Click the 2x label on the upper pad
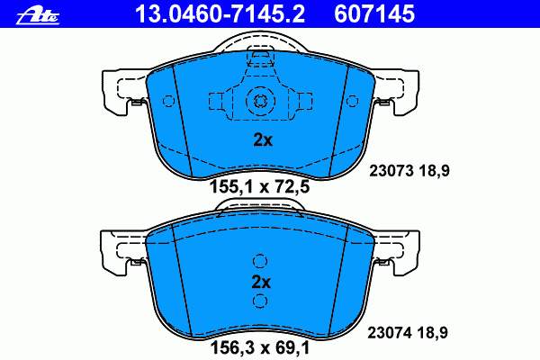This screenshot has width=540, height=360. (261, 140)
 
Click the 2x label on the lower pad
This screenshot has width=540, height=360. (261, 282)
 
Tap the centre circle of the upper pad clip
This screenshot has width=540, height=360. (260, 101)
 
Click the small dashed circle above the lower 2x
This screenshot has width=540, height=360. (260, 262)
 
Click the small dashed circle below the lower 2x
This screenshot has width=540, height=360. (260, 301)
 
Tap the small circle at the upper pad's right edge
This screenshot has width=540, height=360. (356, 100)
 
